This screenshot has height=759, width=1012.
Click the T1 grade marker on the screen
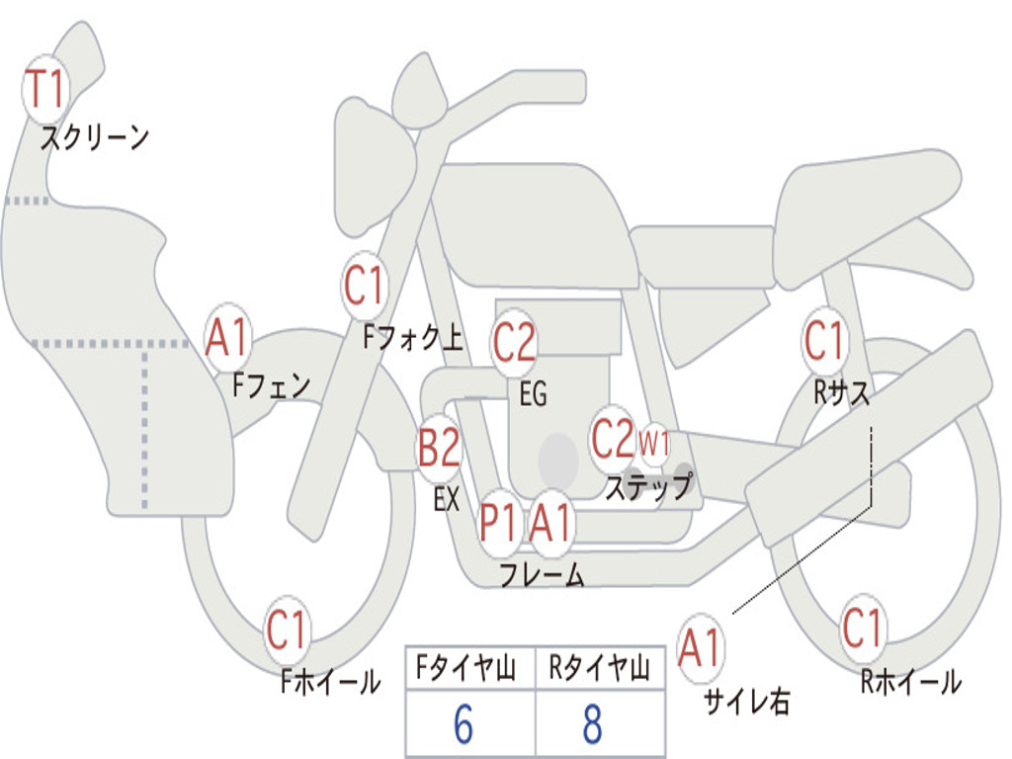pos(45,89)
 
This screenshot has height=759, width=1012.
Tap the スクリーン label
pos(94,137)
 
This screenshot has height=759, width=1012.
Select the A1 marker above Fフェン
pos(227,337)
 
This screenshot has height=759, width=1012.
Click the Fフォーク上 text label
pos(412,337)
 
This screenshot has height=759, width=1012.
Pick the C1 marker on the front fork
pos(365,285)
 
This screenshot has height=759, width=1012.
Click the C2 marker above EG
pos(514,342)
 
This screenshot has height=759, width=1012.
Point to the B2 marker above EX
pos(440,448)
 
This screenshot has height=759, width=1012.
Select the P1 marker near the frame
pos(499,522)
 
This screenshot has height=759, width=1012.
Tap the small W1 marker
pos(654,444)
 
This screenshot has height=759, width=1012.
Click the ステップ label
pos(648,486)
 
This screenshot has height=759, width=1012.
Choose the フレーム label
pos(543,574)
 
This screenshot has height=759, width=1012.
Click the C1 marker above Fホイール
pos(287,630)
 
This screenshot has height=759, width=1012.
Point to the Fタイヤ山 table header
pos(466,667)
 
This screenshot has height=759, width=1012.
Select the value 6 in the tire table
pos(464,724)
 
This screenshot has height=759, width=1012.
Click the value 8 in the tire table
pos(593,724)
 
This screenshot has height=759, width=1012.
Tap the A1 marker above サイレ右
pos(701,647)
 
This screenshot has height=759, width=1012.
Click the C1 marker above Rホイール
pos(862,628)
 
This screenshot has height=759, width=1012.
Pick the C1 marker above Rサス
pos(825,340)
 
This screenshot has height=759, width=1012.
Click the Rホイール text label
pos(911,682)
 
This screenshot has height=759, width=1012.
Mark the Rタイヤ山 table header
pos(600,667)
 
